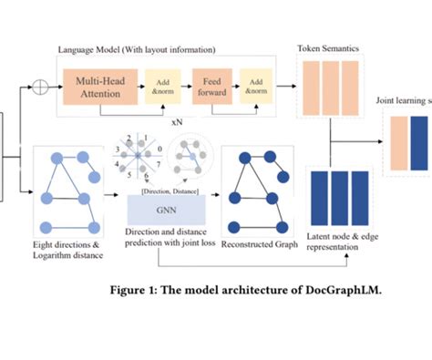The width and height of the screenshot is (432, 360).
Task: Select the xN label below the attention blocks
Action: [179, 119]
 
